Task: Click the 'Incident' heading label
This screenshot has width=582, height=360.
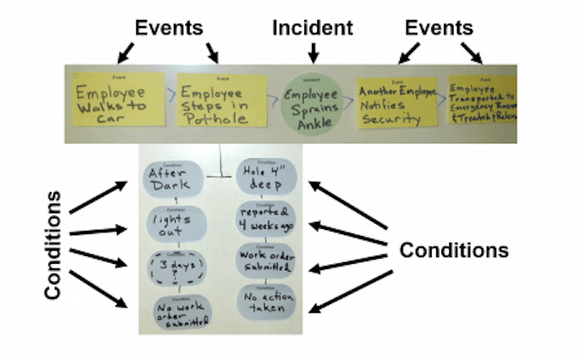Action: (x=314, y=27)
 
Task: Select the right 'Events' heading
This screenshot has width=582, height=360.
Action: (x=440, y=27)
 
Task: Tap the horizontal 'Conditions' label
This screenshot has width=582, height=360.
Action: (x=454, y=250)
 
